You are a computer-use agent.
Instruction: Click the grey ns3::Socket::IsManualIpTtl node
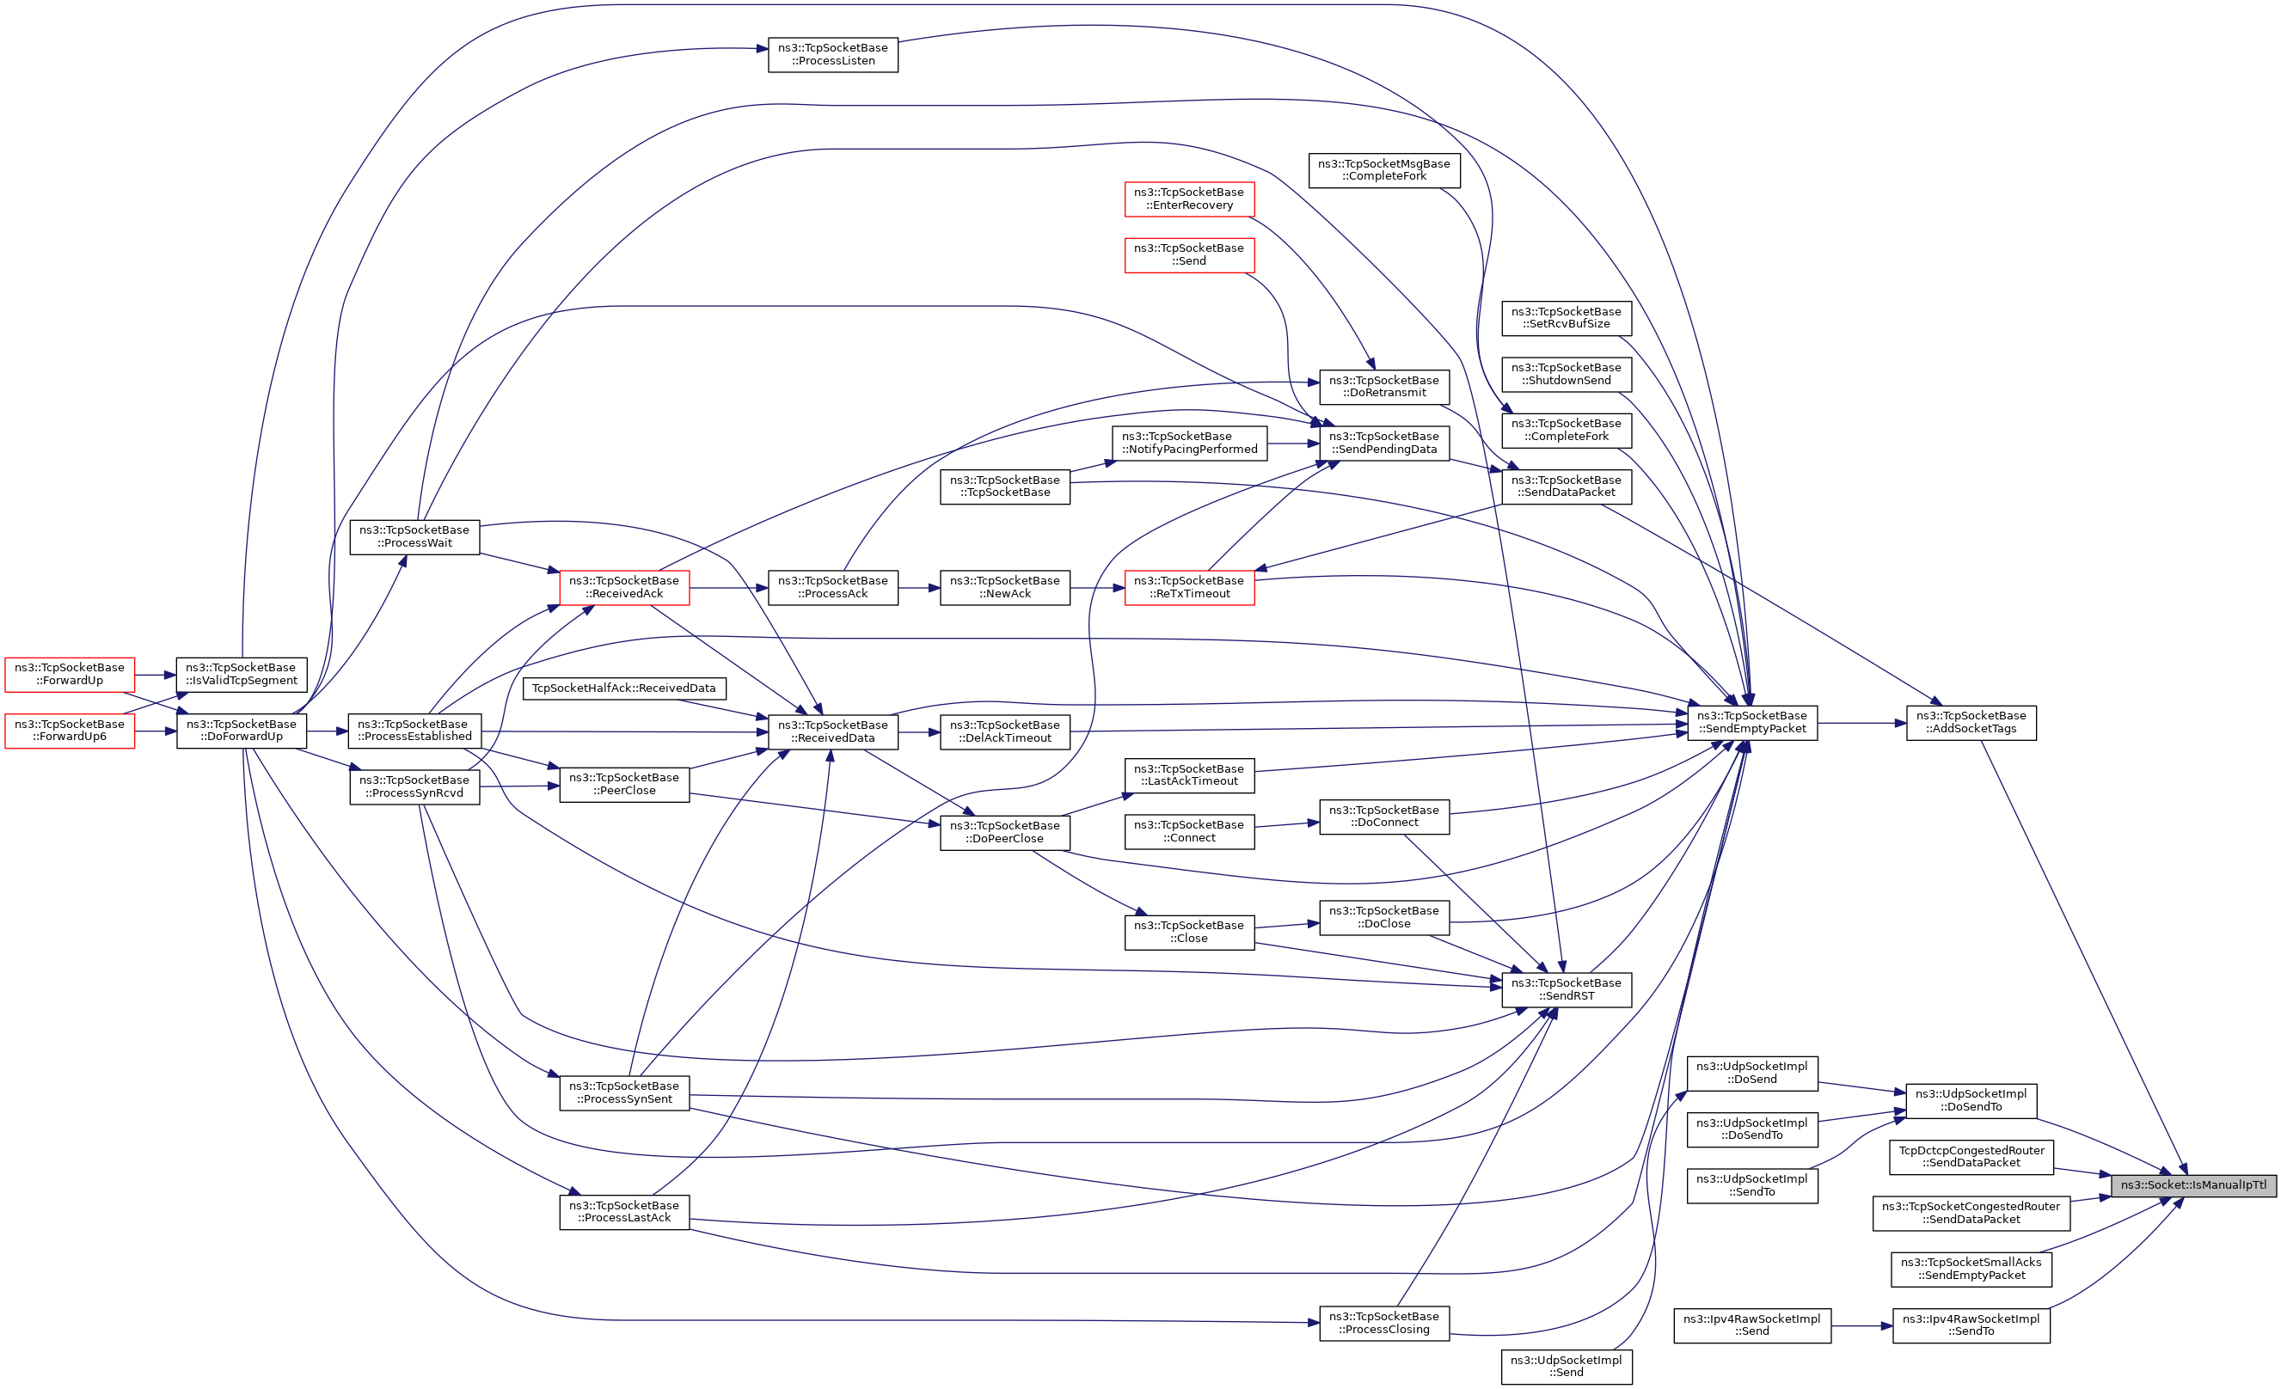(x=2192, y=1184)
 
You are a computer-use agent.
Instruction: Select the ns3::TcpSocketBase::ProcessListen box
(x=832, y=55)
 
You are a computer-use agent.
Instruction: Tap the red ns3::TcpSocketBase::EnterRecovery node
(x=1188, y=199)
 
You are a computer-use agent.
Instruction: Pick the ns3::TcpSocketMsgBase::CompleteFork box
(x=1383, y=170)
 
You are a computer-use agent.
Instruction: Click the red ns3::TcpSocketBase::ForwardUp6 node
(x=70, y=730)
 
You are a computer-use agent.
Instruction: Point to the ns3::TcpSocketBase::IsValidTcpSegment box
(x=241, y=674)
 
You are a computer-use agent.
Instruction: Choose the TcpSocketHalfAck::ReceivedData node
(x=624, y=688)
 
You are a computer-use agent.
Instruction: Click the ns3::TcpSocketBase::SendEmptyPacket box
(x=1751, y=723)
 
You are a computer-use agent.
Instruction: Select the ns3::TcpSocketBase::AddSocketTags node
(x=1971, y=723)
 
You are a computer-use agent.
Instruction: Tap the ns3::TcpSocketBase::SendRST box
(x=1566, y=989)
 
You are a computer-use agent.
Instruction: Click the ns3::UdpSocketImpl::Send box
(x=1566, y=1367)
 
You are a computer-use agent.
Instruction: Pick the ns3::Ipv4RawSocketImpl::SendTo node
(x=1971, y=1325)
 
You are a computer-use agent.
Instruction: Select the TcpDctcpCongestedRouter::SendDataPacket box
(x=1971, y=1157)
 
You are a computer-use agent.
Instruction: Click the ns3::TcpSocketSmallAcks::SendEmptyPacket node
(x=1971, y=1269)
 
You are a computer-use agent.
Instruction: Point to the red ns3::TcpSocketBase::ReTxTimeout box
(x=1188, y=588)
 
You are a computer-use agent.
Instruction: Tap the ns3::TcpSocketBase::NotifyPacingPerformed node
(x=1188, y=444)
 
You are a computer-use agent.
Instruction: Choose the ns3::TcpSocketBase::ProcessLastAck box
(x=624, y=1211)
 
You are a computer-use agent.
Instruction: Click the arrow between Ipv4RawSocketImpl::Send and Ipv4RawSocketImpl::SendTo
(x=1861, y=1326)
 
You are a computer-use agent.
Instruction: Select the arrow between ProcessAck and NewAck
(x=918, y=588)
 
